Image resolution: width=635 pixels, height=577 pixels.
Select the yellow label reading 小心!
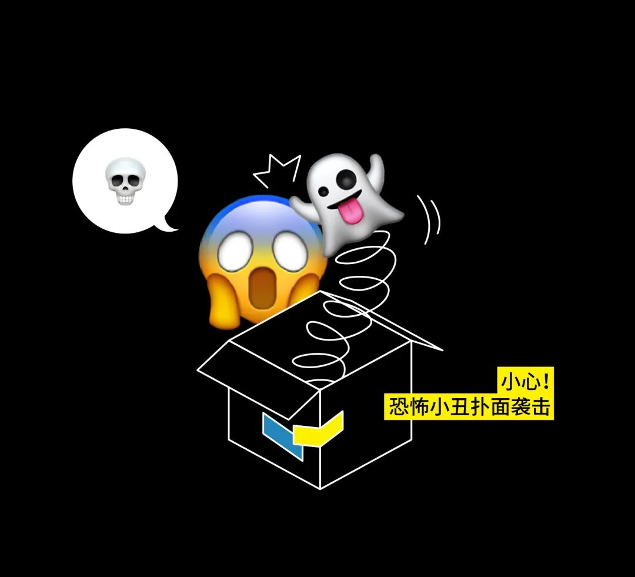click(x=526, y=381)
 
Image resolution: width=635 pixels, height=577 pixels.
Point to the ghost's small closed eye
click(x=323, y=189)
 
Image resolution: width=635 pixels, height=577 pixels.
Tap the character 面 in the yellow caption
click(x=500, y=408)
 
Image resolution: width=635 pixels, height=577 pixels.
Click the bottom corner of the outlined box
click(x=320, y=488)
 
